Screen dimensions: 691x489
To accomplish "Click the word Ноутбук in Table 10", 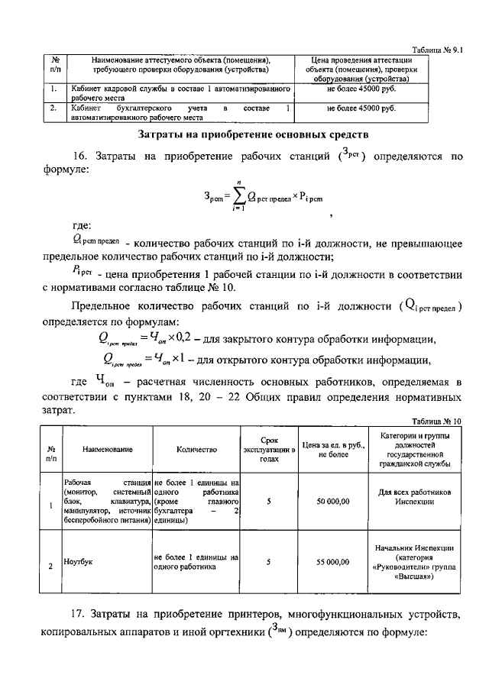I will coord(79,561).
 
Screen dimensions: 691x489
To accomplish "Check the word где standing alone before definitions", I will coord(83,225).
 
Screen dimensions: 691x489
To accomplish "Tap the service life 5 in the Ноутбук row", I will coord(268,562).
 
